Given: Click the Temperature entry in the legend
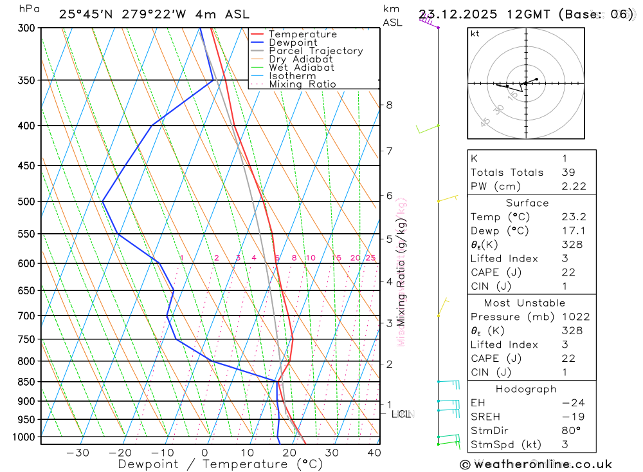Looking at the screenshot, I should [x=302, y=34].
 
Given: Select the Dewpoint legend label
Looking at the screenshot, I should [x=293, y=42].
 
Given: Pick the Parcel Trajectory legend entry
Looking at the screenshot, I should [x=316, y=51].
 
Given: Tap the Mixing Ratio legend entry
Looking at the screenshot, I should [x=302, y=84].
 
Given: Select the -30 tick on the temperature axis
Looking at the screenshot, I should [x=78, y=453].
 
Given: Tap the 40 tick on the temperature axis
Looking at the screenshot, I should [x=374, y=453].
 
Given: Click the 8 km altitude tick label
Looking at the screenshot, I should [x=389, y=105].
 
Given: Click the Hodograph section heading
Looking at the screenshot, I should [x=527, y=389].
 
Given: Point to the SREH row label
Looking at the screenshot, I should [x=484, y=417].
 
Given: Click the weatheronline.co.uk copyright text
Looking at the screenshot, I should [x=536, y=464].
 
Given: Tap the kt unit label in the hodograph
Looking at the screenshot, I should [x=475, y=33].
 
